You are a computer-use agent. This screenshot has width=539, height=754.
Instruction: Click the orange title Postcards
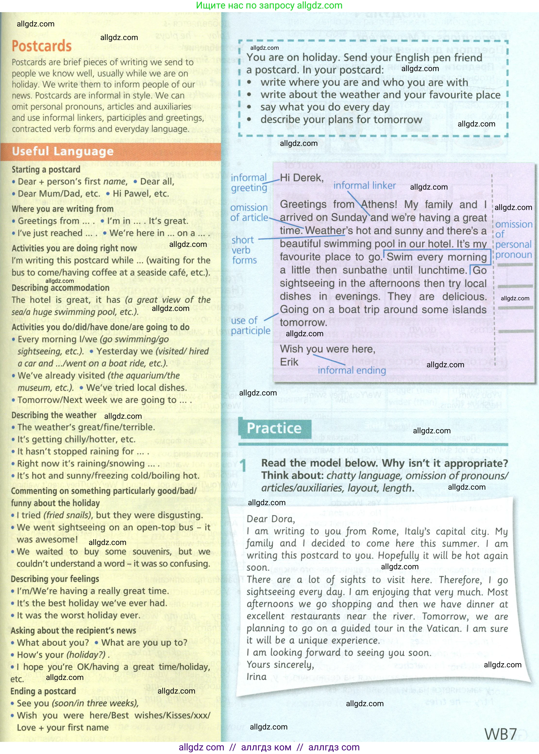[42, 46]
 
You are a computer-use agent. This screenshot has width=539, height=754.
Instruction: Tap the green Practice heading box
[274, 428]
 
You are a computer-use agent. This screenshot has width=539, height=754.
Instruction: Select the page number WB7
[500, 734]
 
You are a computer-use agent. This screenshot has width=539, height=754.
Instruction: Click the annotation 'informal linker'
[364, 185]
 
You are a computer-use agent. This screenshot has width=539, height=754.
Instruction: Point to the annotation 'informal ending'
[352, 370]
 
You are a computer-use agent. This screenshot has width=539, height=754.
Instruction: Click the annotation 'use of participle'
[251, 326]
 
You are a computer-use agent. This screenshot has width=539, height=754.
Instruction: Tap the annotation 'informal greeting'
[249, 183]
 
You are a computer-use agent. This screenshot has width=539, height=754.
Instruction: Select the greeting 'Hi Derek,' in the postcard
[301, 178]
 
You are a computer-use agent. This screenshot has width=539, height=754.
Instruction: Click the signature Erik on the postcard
[289, 362]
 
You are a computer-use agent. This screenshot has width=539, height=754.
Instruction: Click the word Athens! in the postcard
[379, 204]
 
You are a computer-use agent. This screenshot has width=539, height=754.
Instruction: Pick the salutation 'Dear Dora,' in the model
[270, 519]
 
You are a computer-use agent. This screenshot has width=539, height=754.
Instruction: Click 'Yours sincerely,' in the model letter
[280, 665]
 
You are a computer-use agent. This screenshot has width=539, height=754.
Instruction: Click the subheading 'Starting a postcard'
[46, 170]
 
